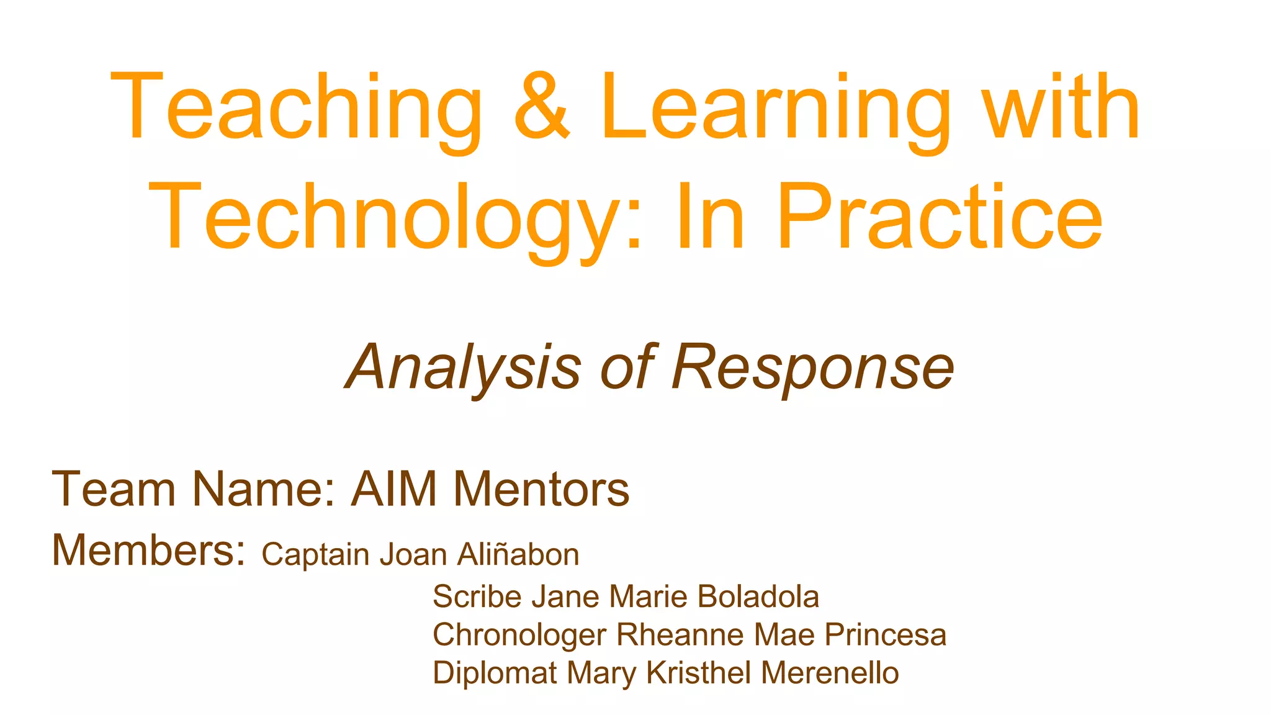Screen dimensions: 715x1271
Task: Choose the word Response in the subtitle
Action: click(x=812, y=367)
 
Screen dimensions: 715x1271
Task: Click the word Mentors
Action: click(x=541, y=489)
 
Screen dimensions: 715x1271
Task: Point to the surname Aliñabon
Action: click(x=518, y=554)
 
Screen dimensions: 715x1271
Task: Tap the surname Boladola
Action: click(x=758, y=596)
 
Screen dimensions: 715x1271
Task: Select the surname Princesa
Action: click(x=885, y=635)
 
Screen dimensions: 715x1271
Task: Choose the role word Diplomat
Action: click(x=494, y=673)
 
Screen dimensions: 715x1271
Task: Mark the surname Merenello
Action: click(x=830, y=673)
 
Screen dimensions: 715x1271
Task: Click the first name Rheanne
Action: click(x=680, y=635)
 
